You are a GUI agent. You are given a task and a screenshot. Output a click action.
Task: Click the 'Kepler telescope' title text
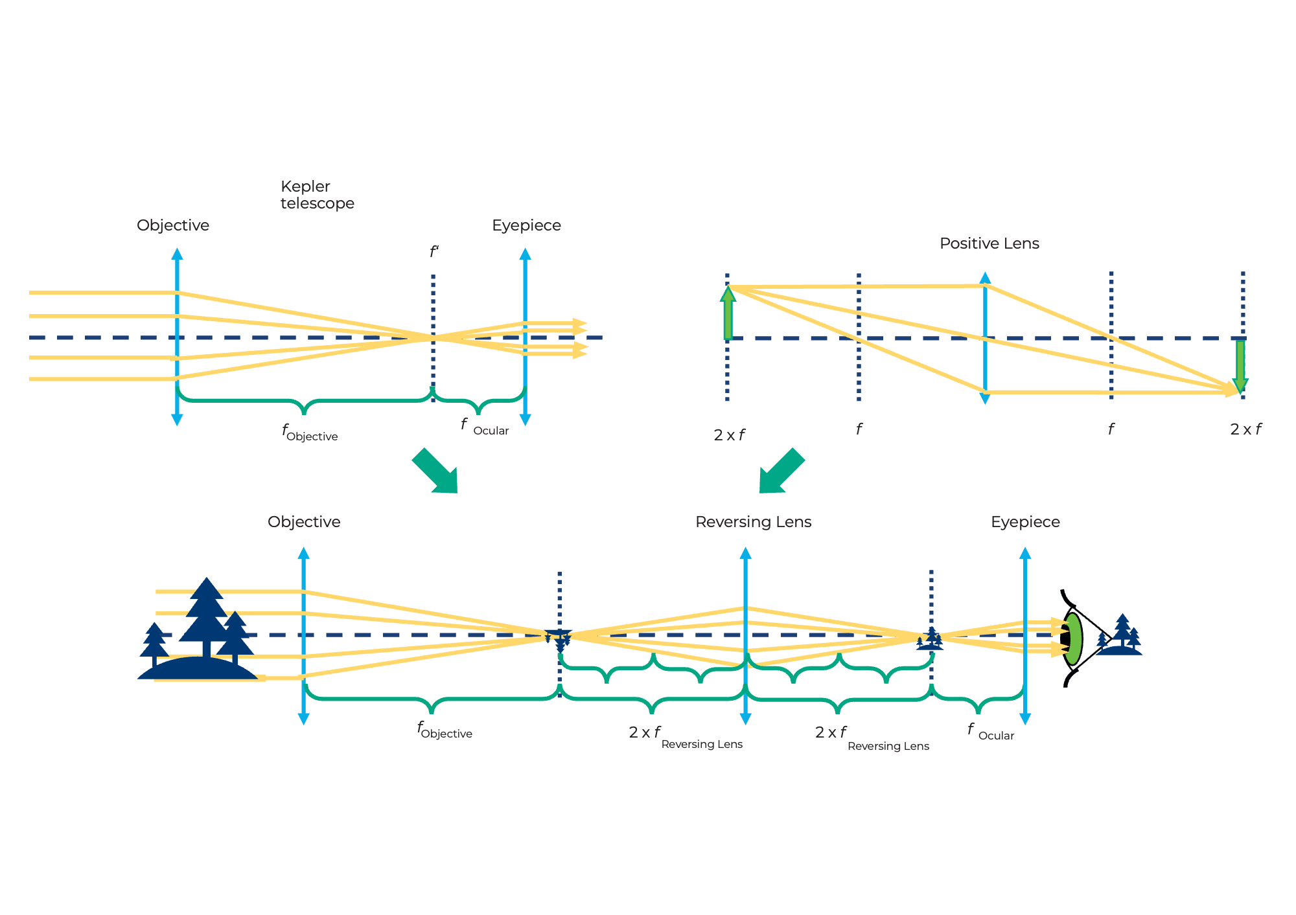[x=317, y=195]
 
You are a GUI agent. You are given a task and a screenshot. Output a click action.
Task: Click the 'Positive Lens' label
[x=989, y=243]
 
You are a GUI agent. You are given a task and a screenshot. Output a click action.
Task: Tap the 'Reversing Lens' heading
[x=753, y=522]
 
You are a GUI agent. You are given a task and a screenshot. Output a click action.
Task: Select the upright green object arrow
[x=728, y=313]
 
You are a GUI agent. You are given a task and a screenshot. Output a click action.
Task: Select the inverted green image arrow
[x=1240, y=366]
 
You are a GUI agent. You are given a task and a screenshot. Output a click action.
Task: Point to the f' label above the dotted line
[x=434, y=252]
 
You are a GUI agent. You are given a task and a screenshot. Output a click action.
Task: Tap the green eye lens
[x=1073, y=638]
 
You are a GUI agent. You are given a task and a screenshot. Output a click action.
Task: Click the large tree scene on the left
[x=198, y=631]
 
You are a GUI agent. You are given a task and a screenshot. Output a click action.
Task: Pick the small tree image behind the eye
[x=1121, y=636]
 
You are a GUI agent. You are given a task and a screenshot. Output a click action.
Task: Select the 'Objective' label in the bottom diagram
[x=304, y=522]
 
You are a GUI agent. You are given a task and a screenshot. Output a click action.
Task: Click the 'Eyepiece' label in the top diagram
[x=526, y=225]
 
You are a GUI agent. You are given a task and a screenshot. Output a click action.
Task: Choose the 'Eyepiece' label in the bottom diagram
[x=1025, y=522]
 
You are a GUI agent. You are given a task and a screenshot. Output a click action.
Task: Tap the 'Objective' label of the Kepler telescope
[x=173, y=225]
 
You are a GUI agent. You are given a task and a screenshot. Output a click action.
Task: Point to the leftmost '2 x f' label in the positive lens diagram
[x=729, y=435]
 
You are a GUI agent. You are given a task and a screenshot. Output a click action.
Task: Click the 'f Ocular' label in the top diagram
[x=485, y=427]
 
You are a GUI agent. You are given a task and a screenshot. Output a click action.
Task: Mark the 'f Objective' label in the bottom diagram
[x=445, y=730]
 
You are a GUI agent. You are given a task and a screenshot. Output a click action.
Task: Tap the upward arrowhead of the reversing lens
[x=745, y=553]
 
